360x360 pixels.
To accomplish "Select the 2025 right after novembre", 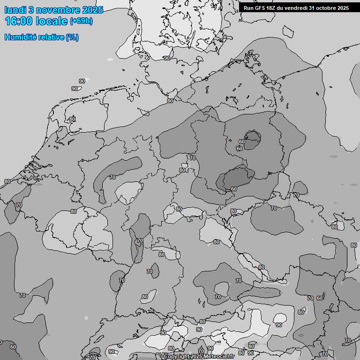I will click(x=92, y=10).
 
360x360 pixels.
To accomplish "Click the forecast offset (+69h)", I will click(x=81, y=21).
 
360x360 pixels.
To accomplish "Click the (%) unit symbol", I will click(x=72, y=37).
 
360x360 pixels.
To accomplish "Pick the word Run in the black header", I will click(x=248, y=8).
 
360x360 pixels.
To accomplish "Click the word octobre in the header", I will click(x=326, y=8).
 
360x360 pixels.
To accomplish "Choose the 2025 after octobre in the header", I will click(x=343, y=8).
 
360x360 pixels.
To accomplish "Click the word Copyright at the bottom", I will click(x=177, y=357).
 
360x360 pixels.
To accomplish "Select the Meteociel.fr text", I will click(x=219, y=357).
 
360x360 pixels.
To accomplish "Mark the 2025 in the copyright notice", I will click(x=196, y=357).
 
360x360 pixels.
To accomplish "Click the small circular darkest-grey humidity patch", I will click(x=253, y=139).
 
